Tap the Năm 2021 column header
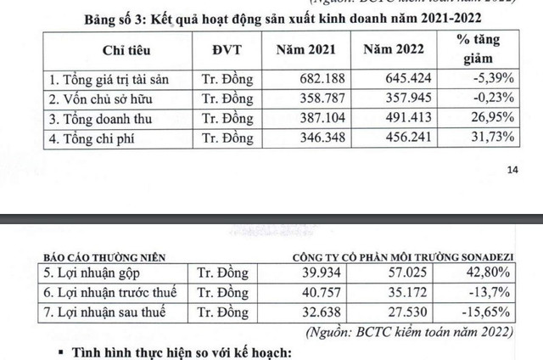coord(309,49)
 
